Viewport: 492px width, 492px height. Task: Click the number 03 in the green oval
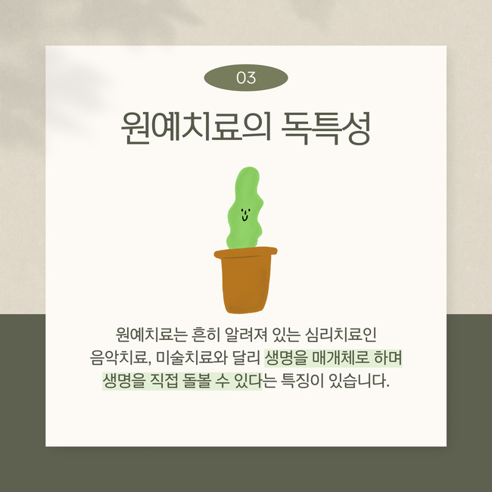click(x=246, y=78)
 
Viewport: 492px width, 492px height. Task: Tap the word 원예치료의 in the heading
click(x=196, y=128)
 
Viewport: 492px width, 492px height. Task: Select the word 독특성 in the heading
click(x=326, y=128)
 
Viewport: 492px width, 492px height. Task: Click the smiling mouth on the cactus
click(x=244, y=217)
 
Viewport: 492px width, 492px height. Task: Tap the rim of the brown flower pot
click(x=245, y=253)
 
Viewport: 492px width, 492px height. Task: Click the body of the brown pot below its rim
click(x=245, y=285)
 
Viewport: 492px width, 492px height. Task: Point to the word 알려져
click(x=246, y=335)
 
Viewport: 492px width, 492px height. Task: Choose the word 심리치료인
click(x=341, y=335)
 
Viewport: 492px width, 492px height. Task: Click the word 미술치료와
click(x=192, y=358)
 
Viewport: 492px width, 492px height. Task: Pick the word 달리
click(x=246, y=358)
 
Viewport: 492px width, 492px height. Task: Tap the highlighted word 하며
click(x=388, y=358)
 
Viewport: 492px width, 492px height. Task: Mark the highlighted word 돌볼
click(x=197, y=381)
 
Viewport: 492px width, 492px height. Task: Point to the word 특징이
click(x=301, y=381)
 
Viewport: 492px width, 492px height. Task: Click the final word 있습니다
click(x=359, y=381)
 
